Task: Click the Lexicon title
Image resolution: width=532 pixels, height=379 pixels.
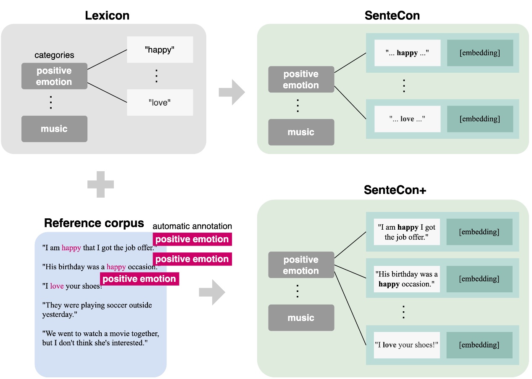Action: (107, 16)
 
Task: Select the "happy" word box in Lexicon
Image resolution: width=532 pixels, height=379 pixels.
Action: (160, 50)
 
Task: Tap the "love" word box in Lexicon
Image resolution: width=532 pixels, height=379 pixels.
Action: (160, 102)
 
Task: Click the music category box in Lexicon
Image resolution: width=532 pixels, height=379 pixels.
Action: (54, 129)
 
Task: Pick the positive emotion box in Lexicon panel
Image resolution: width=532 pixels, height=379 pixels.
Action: (54, 76)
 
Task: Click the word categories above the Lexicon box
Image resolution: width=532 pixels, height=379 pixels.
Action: (54, 55)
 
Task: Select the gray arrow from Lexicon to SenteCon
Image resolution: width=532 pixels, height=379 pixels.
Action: (232, 92)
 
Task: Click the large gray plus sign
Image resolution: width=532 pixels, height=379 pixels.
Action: (100, 184)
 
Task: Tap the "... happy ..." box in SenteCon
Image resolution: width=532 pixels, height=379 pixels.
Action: (407, 53)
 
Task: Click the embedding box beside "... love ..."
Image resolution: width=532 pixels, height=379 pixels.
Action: (480, 119)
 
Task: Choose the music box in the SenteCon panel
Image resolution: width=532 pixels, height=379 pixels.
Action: (301, 132)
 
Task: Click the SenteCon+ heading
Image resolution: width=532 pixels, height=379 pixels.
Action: (395, 190)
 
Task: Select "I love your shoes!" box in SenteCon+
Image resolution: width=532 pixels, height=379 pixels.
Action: (406, 345)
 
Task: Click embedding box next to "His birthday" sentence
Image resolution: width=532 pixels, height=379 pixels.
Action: (479, 278)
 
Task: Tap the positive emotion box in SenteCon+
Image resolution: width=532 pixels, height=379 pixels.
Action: (301, 265)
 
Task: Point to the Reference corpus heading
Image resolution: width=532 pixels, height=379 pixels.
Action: (94, 223)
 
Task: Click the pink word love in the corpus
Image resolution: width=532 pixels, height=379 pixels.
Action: (57, 286)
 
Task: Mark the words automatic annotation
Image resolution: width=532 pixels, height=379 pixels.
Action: (192, 226)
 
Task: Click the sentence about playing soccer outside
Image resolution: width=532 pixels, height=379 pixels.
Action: (97, 310)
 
